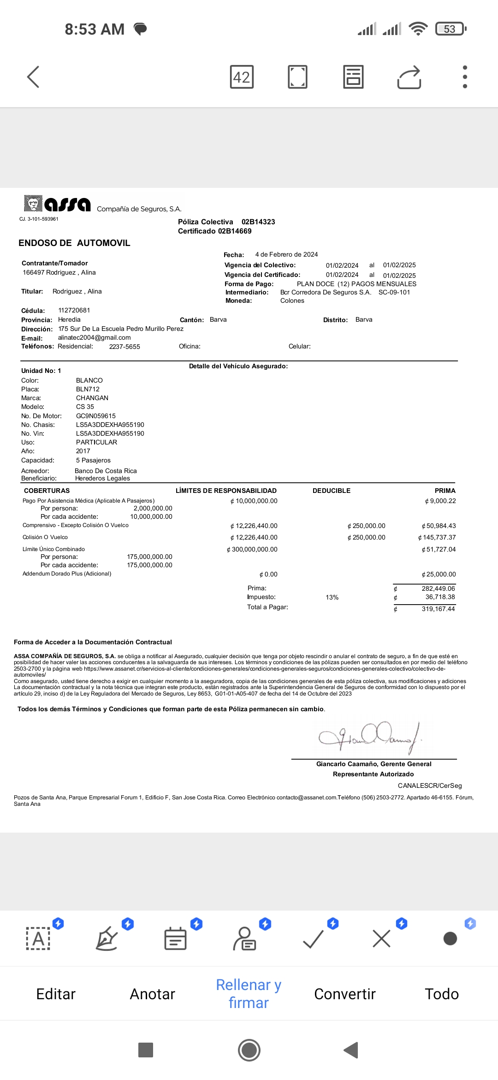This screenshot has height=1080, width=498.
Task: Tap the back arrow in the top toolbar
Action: click(x=33, y=77)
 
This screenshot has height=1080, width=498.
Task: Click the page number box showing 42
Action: click(x=242, y=77)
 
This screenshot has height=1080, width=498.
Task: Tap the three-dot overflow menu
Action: click(x=465, y=77)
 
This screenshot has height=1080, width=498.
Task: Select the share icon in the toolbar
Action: click(x=409, y=77)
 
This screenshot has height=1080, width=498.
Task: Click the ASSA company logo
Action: click(x=57, y=204)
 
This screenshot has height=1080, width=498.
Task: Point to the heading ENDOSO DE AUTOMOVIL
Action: click(x=74, y=243)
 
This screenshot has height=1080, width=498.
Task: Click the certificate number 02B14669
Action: click(x=235, y=231)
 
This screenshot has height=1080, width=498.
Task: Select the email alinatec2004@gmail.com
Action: click(x=94, y=337)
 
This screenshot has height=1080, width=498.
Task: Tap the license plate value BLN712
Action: click(x=88, y=389)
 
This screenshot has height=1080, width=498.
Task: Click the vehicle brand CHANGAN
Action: click(x=92, y=398)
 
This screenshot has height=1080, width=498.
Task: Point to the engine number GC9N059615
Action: click(x=96, y=416)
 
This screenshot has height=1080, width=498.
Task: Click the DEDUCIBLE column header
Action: click(x=331, y=491)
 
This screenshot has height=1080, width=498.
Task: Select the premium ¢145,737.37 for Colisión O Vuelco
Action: click(x=437, y=537)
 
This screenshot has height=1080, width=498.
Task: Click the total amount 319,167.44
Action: click(x=438, y=609)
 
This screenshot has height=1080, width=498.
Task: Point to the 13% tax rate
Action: click(x=332, y=597)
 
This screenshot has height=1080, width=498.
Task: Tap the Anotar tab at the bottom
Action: click(x=152, y=994)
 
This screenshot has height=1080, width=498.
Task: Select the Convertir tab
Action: click(x=344, y=994)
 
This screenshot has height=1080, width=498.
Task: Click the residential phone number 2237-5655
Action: click(x=125, y=347)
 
